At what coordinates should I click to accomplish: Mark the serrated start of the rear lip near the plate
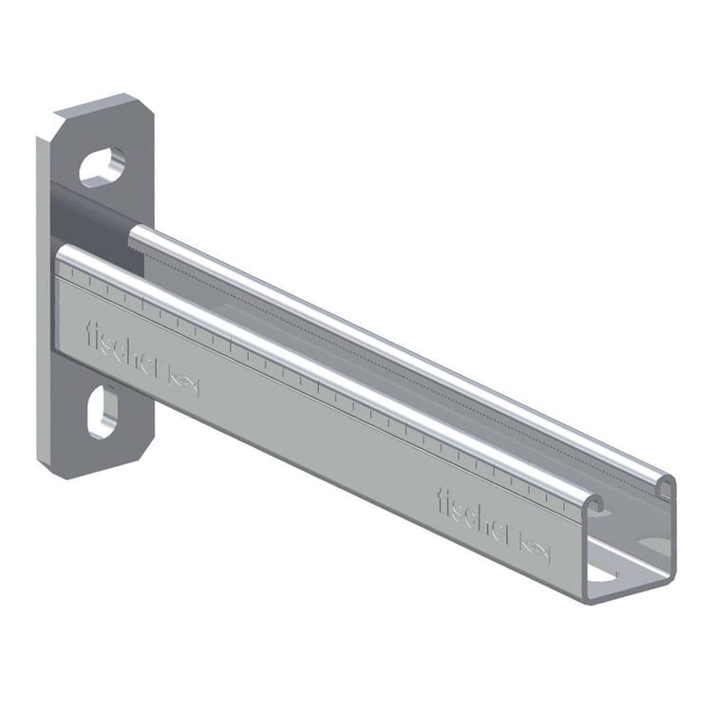pyautogui.click(x=139, y=234)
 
